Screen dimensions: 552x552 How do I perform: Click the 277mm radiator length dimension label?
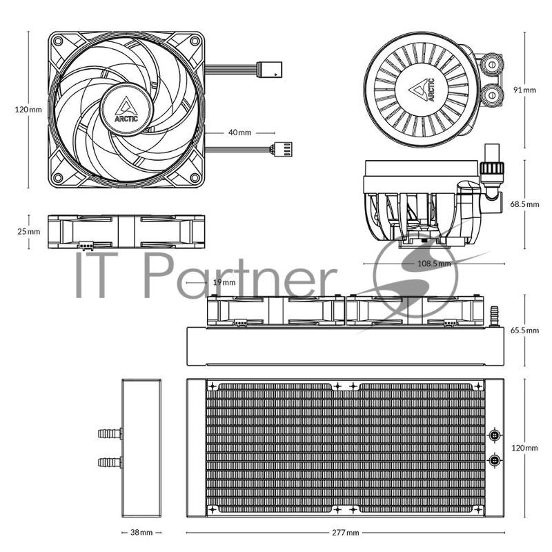tap(346, 533)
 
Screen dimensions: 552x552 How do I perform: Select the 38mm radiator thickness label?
tap(141, 532)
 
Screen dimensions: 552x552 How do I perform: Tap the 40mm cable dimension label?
tap(239, 132)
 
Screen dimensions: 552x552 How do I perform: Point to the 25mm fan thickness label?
tap(29, 231)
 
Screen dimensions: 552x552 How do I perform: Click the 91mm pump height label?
tap(524, 90)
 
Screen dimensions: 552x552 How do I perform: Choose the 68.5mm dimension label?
tap(524, 204)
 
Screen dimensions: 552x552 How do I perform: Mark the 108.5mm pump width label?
tap(434, 264)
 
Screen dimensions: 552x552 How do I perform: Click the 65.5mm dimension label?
tap(524, 331)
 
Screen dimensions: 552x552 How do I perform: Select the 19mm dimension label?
tap(224, 282)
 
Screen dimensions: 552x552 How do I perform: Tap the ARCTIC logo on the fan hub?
tap(126, 110)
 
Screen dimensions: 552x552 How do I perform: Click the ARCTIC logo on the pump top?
tap(422, 90)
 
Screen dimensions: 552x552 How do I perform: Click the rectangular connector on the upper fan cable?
tap(269, 70)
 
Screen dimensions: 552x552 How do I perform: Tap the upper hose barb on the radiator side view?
tap(110, 433)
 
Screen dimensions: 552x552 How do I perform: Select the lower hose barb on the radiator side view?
tap(110, 462)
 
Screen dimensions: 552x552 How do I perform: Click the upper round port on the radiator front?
tap(495, 435)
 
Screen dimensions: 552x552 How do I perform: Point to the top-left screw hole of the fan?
tap(58, 41)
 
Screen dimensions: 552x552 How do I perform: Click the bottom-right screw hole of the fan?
tap(195, 177)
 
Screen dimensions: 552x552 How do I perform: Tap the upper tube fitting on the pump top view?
tap(491, 64)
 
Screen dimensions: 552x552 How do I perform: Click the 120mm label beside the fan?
tap(28, 110)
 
